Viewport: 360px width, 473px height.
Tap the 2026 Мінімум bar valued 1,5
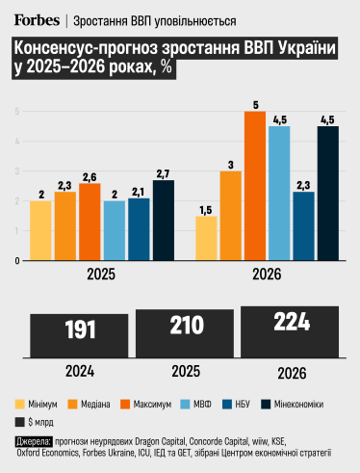[x=206, y=238]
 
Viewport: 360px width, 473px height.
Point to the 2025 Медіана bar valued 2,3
[x=65, y=226]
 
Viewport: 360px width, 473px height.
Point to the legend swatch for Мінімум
[x=21, y=404]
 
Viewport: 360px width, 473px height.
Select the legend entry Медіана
[x=108, y=404]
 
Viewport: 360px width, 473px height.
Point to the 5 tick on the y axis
[x=17, y=112]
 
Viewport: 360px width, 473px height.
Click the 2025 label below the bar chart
[x=101, y=276]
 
